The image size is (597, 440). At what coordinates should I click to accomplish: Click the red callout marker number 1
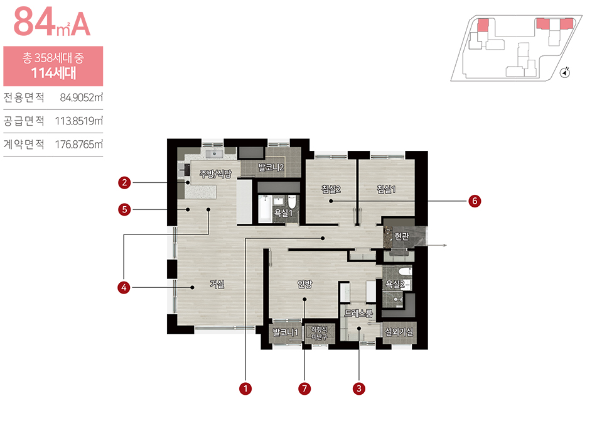[245, 388]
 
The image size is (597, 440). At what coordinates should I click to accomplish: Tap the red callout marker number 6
[475, 201]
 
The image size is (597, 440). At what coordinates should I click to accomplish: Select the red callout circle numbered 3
[358, 388]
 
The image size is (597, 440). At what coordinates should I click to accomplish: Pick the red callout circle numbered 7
[304, 388]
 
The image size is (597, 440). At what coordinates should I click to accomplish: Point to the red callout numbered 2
[124, 183]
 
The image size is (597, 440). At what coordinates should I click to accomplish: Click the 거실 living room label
[217, 284]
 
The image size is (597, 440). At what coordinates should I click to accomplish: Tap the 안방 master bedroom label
[304, 284]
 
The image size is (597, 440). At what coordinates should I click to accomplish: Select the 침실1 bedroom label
[386, 189]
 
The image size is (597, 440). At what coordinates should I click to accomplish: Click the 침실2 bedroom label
[331, 189]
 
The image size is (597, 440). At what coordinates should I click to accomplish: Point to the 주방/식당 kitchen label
[216, 174]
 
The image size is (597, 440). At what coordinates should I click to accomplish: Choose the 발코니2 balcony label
[271, 167]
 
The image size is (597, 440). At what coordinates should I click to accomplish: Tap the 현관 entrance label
[402, 236]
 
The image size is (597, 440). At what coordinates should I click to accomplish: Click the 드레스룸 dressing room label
[358, 314]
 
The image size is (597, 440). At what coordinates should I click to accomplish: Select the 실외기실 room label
[399, 332]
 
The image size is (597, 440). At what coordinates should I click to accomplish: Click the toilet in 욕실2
[405, 272]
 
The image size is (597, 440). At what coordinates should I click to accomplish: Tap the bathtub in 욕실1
[265, 208]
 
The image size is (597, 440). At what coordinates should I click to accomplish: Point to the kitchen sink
[214, 154]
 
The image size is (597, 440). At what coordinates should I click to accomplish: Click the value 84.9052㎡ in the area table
[81, 97]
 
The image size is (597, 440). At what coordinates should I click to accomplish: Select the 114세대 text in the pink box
[53, 73]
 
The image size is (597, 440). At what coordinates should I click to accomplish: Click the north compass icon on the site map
[566, 72]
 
